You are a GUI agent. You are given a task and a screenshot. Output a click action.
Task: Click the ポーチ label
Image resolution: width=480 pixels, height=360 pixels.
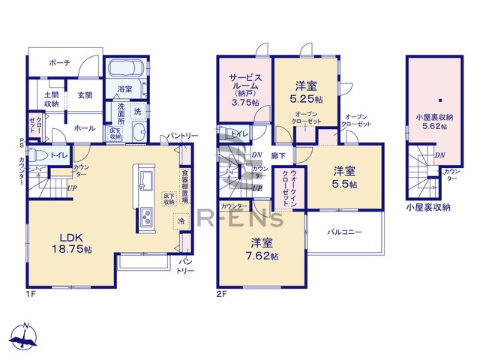click(x=59, y=64)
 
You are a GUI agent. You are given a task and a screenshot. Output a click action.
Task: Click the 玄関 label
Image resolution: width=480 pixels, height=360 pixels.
click(x=84, y=95)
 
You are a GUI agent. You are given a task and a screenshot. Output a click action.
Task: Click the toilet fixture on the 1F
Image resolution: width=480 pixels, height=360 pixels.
click(x=41, y=155)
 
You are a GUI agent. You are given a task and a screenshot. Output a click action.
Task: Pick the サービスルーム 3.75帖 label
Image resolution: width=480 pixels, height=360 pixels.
click(x=245, y=89)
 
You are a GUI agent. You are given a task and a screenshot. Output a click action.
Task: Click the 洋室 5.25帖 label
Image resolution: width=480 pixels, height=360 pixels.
click(x=305, y=91)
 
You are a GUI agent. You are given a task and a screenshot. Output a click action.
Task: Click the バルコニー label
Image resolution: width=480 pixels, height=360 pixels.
click(x=345, y=232)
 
